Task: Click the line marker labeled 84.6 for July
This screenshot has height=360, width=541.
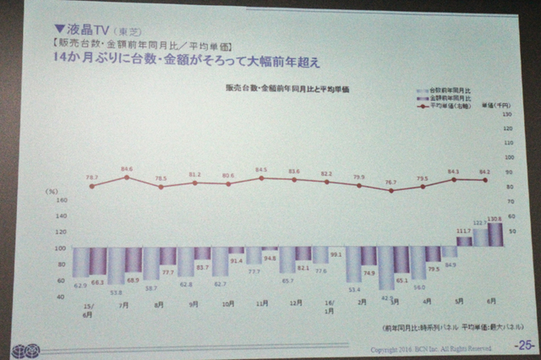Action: (x=126, y=177)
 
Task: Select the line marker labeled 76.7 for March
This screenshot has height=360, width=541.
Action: (x=391, y=191)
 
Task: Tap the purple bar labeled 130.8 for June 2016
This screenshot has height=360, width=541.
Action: (x=495, y=235)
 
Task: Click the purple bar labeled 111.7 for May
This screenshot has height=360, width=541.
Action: (x=463, y=243)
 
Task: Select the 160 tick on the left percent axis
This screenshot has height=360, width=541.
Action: (x=61, y=202)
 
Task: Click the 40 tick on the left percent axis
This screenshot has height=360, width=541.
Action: (x=62, y=296)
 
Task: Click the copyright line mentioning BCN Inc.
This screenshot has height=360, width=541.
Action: (x=430, y=347)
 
